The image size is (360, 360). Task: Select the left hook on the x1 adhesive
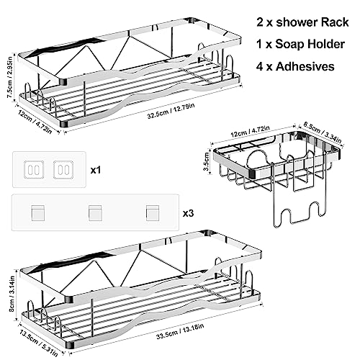(34, 170)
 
